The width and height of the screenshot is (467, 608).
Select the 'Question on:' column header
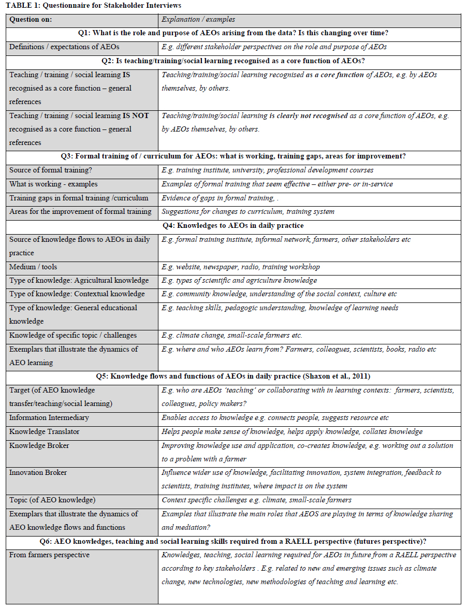31,20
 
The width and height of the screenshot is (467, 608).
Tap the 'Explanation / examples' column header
198,20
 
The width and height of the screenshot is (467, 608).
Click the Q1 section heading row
233,33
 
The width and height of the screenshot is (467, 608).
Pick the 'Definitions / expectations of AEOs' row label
64,47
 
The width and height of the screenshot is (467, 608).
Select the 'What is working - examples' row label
53,184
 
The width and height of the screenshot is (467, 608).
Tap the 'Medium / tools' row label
33,267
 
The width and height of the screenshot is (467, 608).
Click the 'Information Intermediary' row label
49,417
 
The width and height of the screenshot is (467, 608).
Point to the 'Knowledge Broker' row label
39,445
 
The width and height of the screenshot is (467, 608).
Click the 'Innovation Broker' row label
38,472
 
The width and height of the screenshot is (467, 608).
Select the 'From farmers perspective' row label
49,555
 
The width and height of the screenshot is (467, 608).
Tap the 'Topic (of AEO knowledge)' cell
52,500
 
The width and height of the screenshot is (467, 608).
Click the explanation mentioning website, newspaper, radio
241,267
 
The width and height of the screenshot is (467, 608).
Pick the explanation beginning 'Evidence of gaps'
225,198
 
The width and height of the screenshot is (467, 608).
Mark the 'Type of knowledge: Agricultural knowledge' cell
79,280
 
